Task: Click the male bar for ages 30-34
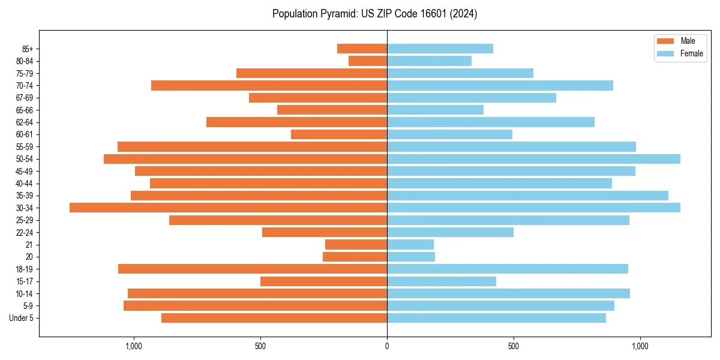[x=228, y=208]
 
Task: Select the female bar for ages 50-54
[x=533, y=159]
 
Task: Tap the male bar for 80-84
[x=368, y=61]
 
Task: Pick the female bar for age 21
[x=410, y=245]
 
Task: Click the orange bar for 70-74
[x=269, y=86]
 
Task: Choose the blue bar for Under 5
[x=496, y=318]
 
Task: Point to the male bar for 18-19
[x=253, y=269]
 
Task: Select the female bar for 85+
[x=440, y=49]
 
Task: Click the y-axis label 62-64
[x=25, y=122]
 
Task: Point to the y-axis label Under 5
[x=22, y=318]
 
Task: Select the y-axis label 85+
[x=28, y=49]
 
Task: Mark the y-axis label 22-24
[x=25, y=232]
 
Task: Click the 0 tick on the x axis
[x=387, y=346]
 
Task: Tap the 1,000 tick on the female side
[x=640, y=346]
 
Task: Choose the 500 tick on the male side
[x=260, y=346]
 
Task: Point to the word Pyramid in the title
[x=337, y=14]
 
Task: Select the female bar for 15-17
[x=442, y=281]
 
